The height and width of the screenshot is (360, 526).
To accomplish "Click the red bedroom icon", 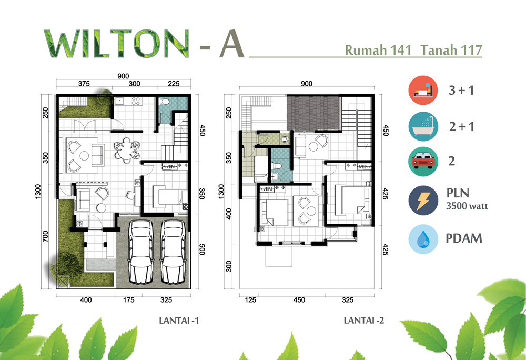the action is coord(423,90).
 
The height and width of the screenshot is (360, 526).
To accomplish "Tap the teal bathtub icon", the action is coord(423,126).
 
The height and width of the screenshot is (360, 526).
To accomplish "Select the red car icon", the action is coord(423,162).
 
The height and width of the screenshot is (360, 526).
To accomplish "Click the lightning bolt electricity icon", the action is coord(423,201).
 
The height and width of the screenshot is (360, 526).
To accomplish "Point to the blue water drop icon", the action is coord(423,239).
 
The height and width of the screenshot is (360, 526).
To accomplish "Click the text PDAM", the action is coord(464,238).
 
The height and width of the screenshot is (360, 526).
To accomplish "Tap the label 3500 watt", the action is coord(467,206).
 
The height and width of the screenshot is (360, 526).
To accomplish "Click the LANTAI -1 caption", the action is coord(179,321).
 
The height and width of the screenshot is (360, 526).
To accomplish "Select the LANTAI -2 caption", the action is coord(364,321).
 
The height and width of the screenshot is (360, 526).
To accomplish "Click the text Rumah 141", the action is coord(378,50).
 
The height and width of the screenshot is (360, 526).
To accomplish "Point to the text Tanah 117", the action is coord(451,50).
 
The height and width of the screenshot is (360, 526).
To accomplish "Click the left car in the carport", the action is coord(141,252).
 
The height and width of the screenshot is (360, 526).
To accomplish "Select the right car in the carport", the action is coord(173,252).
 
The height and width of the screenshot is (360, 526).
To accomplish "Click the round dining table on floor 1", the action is coord(126,149).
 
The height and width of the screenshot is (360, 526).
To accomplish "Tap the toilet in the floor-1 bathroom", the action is coord(164,102).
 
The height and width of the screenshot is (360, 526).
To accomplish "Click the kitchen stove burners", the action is coord(136,101).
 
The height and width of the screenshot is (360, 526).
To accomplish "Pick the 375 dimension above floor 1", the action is coord(84,84).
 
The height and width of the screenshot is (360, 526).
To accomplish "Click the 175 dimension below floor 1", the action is coord(128,300).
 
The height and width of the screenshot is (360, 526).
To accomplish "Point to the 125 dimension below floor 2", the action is coord(250,300).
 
